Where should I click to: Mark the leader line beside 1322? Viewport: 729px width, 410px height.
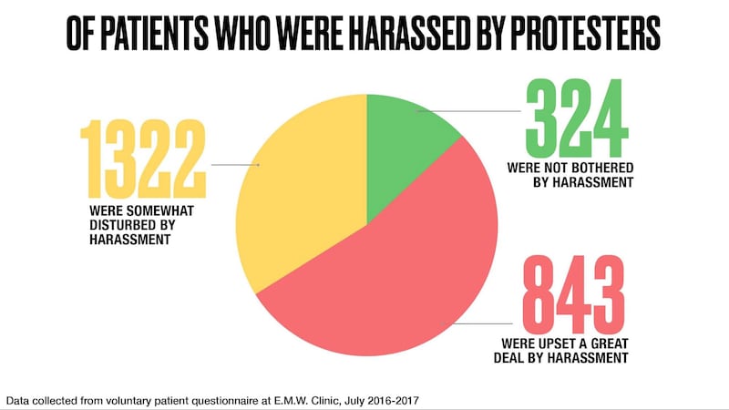(x=235, y=165)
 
